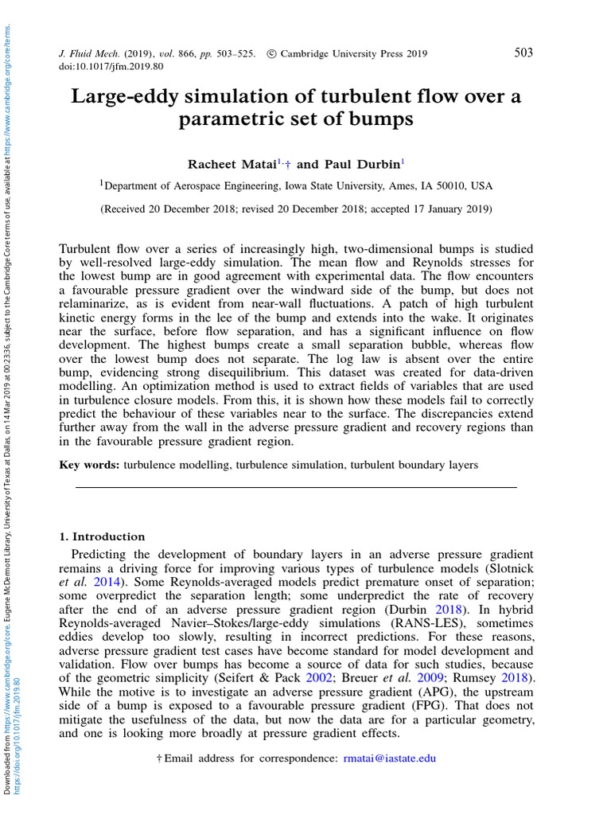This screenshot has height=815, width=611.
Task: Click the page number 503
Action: [523, 53]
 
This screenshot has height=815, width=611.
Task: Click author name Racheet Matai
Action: [231, 165]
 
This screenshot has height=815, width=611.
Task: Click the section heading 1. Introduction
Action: [102, 536]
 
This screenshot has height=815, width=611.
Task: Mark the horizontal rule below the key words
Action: [295, 487]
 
